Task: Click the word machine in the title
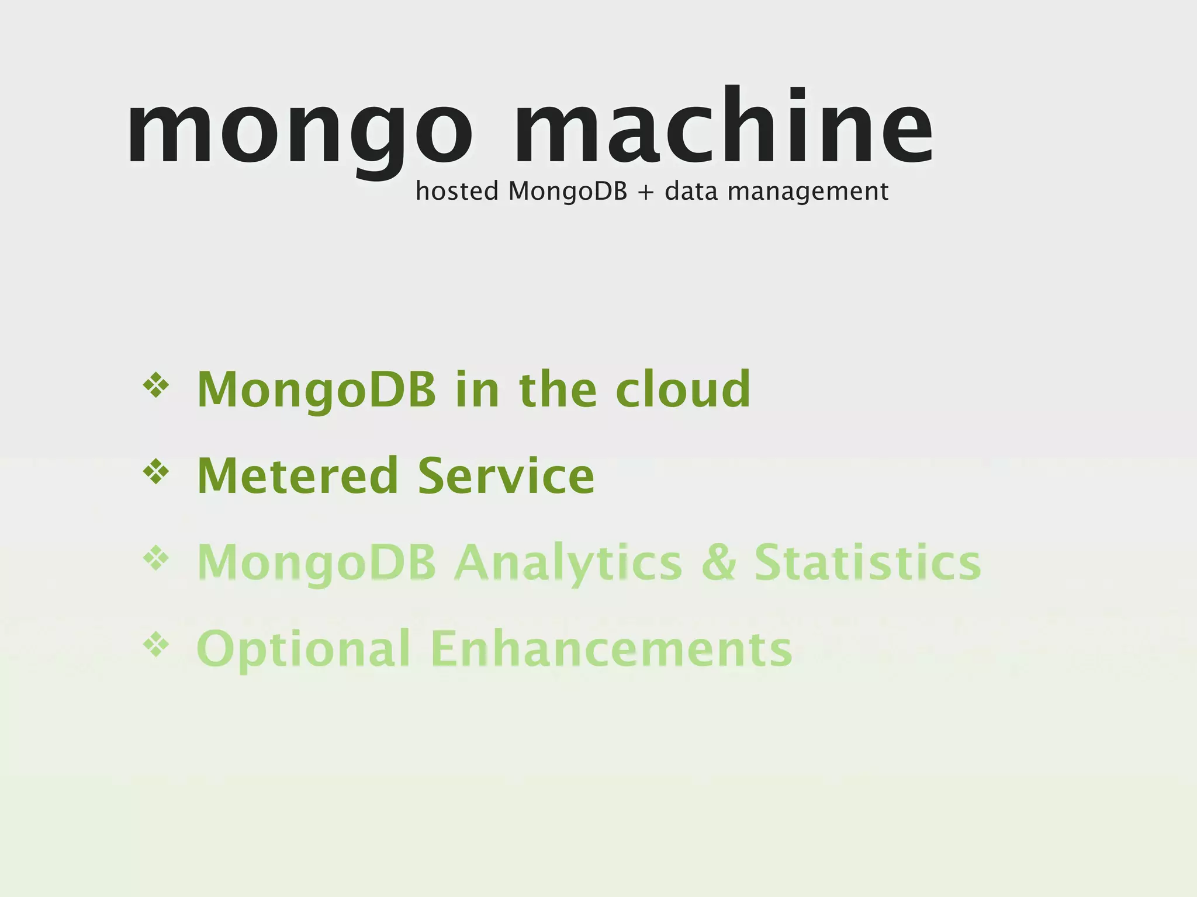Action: (x=723, y=126)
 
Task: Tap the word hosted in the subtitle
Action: (x=456, y=191)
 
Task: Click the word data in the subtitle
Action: (x=691, y=191)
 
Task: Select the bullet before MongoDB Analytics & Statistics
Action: (x=156, y=558)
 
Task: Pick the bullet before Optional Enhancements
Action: (x=156, y=644)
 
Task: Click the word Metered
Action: (x=298, y=475)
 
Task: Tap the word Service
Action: (x=506, y=475)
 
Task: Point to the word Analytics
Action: (x=568, y=562)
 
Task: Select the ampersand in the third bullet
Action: (x=718, y=562)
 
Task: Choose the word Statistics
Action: (x=868, y=562)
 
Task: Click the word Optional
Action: (x=304, y=649)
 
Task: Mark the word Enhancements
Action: (x=611, y=648)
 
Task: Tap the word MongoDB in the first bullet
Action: (x=317, y=390)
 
